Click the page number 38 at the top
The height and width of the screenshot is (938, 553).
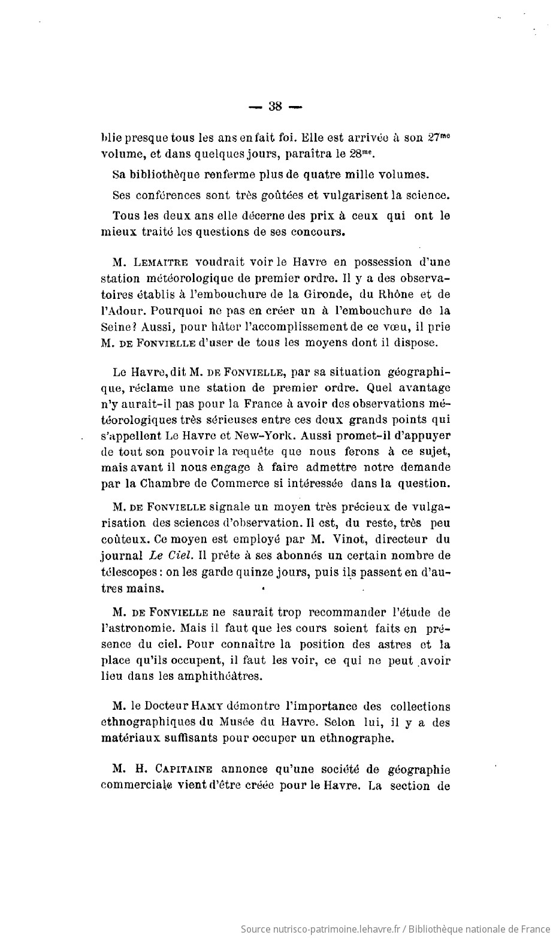276,107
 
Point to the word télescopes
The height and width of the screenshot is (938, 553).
128,572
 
